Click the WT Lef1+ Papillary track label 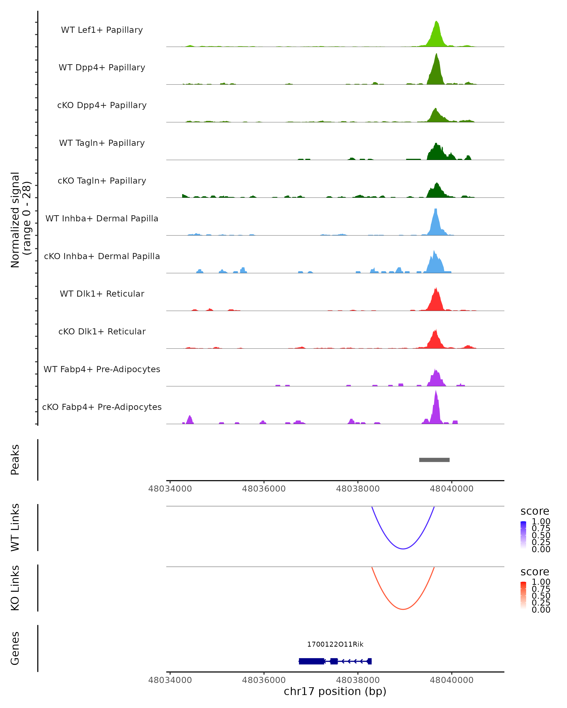tap(102, 30)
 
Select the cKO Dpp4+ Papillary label tap(102, 105)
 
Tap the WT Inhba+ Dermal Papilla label tap(102, 219)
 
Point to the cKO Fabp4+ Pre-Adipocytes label tap(102, 407)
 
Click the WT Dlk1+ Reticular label tap(102, 294)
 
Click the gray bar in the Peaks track tap(434, 460)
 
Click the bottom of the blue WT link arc tap(403, 549)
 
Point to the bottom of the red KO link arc tap(403, 609)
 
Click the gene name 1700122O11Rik tap(335, 644)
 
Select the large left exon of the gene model tap(311, 661)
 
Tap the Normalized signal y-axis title tap(20, 220)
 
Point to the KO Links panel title tap(15, 588)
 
